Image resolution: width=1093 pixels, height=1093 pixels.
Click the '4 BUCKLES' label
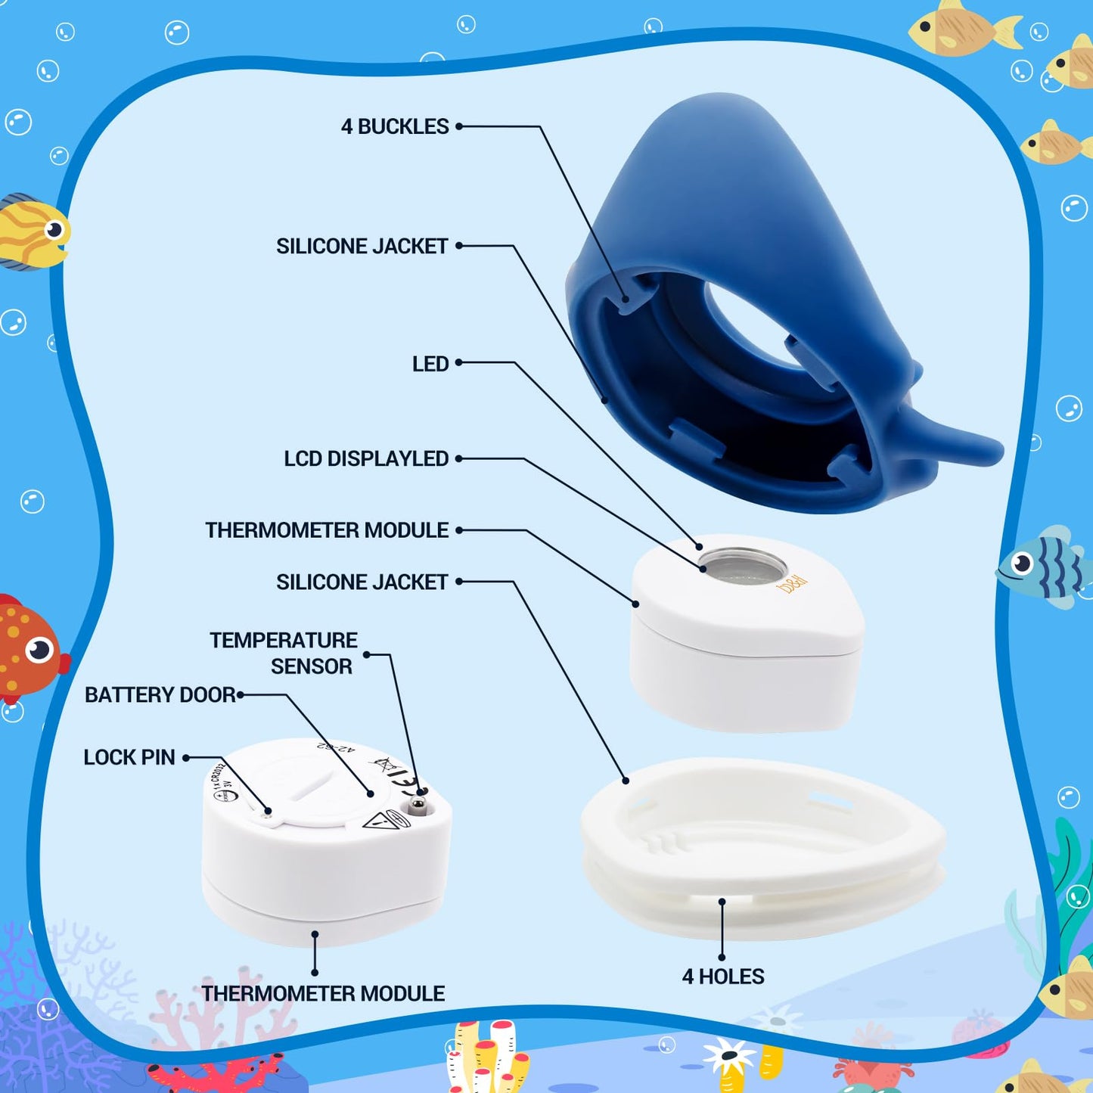(x=395, y=127)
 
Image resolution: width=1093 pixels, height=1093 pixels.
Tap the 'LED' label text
(x=430, y=365)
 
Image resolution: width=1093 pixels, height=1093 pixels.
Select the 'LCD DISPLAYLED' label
(x=366, y=459)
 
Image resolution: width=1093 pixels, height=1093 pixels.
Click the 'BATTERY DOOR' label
(x=160, y=695)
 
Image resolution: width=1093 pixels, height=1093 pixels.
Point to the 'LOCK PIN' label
(x=129, y=758)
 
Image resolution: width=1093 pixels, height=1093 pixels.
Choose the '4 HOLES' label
(x=723, y=977)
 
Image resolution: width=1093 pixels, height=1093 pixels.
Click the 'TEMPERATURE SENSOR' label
(x=284, y=654)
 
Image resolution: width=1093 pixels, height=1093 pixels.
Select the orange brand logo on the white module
(x=792, y=583)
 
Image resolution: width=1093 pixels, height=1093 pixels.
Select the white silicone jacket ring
(x=764, y=847)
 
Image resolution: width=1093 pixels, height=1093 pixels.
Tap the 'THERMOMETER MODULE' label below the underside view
(x=323, y=994)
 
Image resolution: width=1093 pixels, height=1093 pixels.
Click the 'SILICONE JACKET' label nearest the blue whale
(x=362, y=247)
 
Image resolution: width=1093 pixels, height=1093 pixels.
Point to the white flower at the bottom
(x=728, y=1055)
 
